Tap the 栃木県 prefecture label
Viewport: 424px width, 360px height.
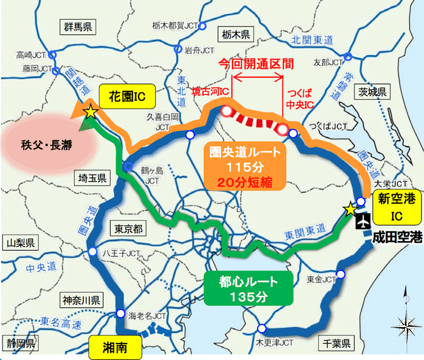(x=236, y=34)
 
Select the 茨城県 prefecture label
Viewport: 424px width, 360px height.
(x=370, y=91)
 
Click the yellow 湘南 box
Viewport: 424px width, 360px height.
(x=115, y=346)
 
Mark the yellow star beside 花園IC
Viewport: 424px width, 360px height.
(x=90, y=112)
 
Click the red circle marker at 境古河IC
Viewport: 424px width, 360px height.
(x=227, y=112)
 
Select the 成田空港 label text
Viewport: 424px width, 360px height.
(x=398, y=237)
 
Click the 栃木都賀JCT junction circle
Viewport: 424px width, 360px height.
(x=202, y=25)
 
